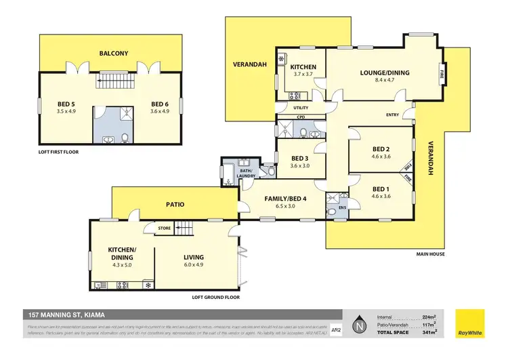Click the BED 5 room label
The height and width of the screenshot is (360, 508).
pos(68,104)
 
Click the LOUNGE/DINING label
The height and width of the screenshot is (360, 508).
pos(383,73)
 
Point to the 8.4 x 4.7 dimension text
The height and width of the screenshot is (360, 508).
pos(383,80)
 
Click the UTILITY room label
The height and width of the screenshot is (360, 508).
pos(300,107)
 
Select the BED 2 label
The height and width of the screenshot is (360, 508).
pos(380,148)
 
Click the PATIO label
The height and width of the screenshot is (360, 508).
pos(175,203)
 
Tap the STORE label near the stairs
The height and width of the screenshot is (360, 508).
pos(165,228)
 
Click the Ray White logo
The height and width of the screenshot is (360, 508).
pos(470,325)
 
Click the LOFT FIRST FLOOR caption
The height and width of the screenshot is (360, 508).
pos(58,152)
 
